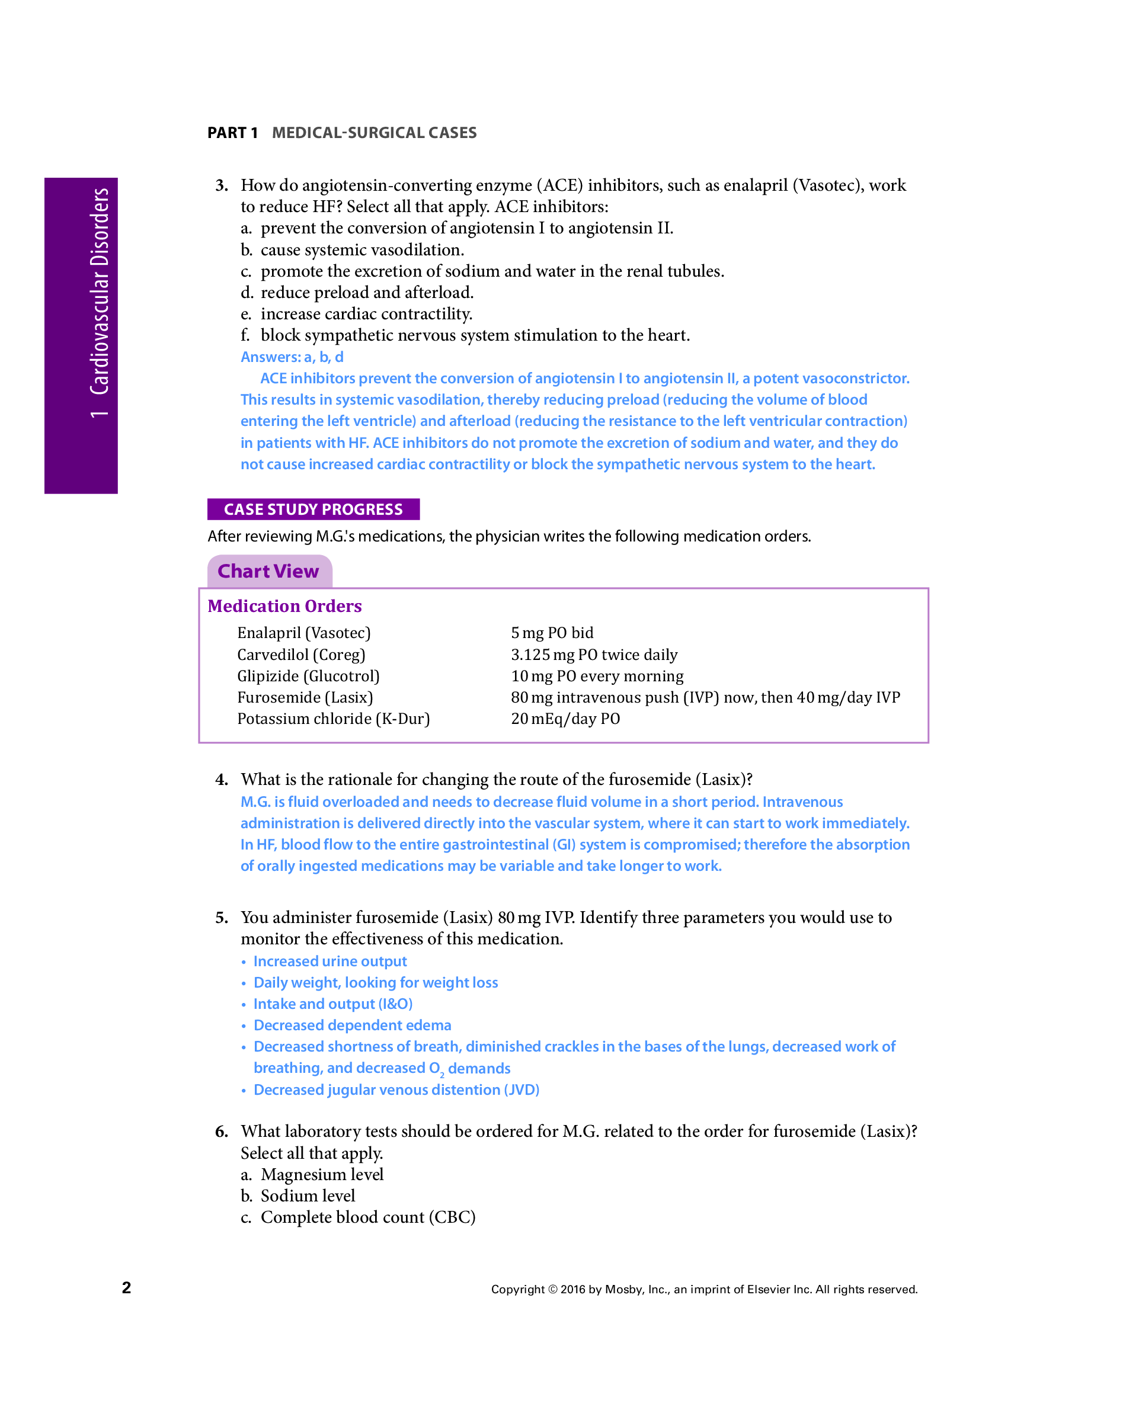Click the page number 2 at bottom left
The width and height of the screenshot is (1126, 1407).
click(127, 1287)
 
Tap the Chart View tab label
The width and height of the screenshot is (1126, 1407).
click(268, 571)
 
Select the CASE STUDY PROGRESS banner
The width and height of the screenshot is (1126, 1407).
click(314, 509)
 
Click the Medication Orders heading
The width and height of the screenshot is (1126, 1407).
click(284, 606)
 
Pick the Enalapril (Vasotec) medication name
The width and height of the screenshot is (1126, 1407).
click(303, 633)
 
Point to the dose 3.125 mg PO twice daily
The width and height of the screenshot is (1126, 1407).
click(594, 655)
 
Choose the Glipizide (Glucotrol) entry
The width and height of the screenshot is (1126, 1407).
click(308, 676)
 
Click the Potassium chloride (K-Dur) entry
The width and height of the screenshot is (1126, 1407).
click(333, 719)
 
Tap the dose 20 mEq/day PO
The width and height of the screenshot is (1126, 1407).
click(565, 719)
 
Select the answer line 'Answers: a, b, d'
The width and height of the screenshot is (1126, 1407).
click(292, 357)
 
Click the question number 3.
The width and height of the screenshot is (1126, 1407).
click(222, 185)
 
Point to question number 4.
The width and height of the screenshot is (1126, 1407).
click(222, 780)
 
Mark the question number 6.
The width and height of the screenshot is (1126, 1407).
click(222, 1132)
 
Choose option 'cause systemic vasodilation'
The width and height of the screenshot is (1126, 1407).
click(362, 250)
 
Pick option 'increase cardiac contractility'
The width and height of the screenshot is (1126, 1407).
click(366, 314)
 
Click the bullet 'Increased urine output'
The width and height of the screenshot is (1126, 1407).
click(330, 961)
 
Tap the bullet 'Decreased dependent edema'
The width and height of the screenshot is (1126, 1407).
click(353, 1025)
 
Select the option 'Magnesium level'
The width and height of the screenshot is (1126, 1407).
click(322, 1175)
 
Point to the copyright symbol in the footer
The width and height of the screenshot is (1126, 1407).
click(552, 1289)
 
